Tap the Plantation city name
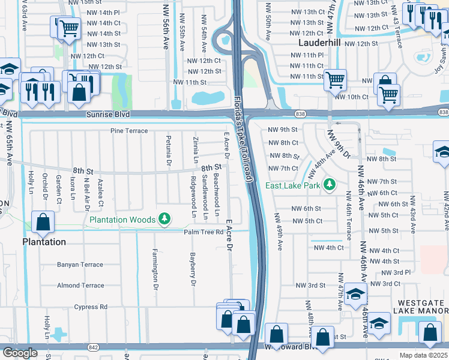(x=44, y=242)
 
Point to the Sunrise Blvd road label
(x=108, y=114)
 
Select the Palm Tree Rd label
(x=204, y=232)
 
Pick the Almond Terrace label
(x=80, y=286)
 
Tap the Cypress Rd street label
(x=91, y=307)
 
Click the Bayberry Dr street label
(x=193, y=269)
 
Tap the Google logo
(x=20, y=352)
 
